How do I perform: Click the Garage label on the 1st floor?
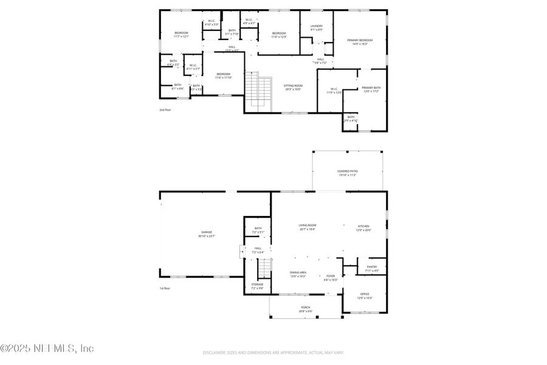(x=207, y=234)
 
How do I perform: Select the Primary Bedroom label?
(x=360, y=42)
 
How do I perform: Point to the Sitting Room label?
(x=293, y=88)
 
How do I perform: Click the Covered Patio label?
(x=348, y=173)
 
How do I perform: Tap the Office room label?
(x=365, y=296)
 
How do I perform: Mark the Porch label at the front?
(x=305, y=309)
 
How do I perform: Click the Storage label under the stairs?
(x=258, y=287)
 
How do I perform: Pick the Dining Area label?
(x=298, y=274)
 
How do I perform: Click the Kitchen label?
(x=363, y=228)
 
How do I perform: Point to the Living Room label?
(x=307, y=227)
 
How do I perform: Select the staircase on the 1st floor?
(x=263, y=268)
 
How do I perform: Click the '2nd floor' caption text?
(x=165, y=110)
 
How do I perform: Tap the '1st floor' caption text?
(x=165, y=288)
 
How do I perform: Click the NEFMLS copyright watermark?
(x=47, y=349)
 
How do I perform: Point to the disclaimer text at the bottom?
(x=273, y=352)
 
